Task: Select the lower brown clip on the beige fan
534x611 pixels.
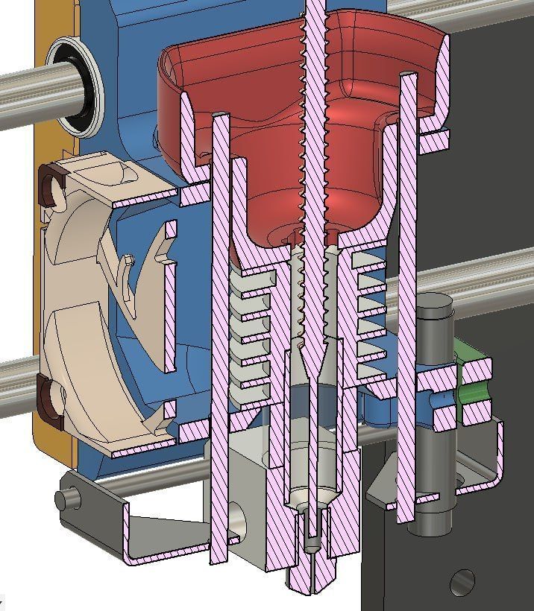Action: (50, 398)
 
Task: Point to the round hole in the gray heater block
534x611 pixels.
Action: (236, 522)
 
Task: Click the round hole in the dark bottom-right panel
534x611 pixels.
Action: (462, 581)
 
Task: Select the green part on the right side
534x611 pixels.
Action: (473, 380)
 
